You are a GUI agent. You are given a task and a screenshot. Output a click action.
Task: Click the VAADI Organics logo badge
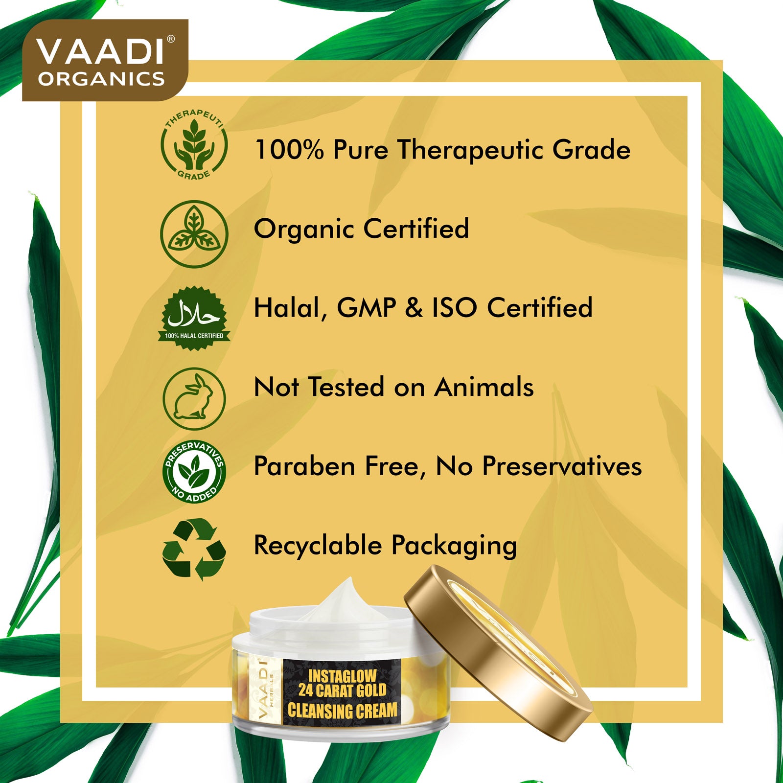coord(105,60)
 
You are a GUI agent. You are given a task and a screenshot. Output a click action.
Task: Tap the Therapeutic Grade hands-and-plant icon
coord(194,145)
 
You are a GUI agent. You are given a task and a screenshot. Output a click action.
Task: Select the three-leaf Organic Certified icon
coord(194,234)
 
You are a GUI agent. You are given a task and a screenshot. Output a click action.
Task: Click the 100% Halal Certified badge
coord(194,318)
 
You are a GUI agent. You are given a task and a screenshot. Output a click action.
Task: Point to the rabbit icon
coord(194,399)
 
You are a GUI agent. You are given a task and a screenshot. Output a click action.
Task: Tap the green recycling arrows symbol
coord(194,549)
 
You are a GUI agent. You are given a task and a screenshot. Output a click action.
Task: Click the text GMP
coord(367,308)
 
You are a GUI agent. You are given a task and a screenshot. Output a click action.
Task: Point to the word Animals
coord(484,387)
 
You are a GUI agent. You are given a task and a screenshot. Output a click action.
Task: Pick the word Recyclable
coord(318,545)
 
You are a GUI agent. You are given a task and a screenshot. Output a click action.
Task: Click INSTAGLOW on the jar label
coord(342,677)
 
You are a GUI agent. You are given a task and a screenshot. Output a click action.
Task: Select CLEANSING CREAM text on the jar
coord(342,711)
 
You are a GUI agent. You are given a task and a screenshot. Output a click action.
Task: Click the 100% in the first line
coord(289,150)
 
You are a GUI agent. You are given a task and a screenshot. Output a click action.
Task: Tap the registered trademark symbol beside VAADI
coord(171,39)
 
